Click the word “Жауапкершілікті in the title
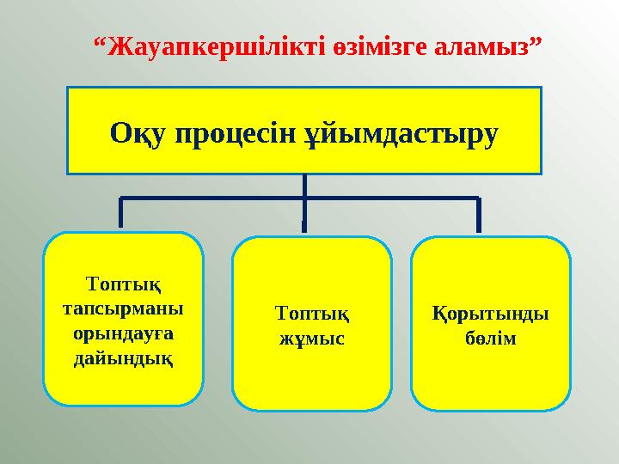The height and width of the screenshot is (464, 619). tap(211, 46)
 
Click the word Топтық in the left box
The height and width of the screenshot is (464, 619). tap(123, 283)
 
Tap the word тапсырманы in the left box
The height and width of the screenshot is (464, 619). tap(123, 307)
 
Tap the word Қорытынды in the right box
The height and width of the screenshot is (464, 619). tap(490, 314)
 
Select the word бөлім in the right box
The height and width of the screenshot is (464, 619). tap(490, 338)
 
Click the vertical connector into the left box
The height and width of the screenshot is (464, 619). tap(120, 213)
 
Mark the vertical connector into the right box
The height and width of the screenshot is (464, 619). tap(478, 215)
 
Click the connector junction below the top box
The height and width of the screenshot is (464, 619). tap(304, 198)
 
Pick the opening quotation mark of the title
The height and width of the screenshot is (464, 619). tap(98, 40)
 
